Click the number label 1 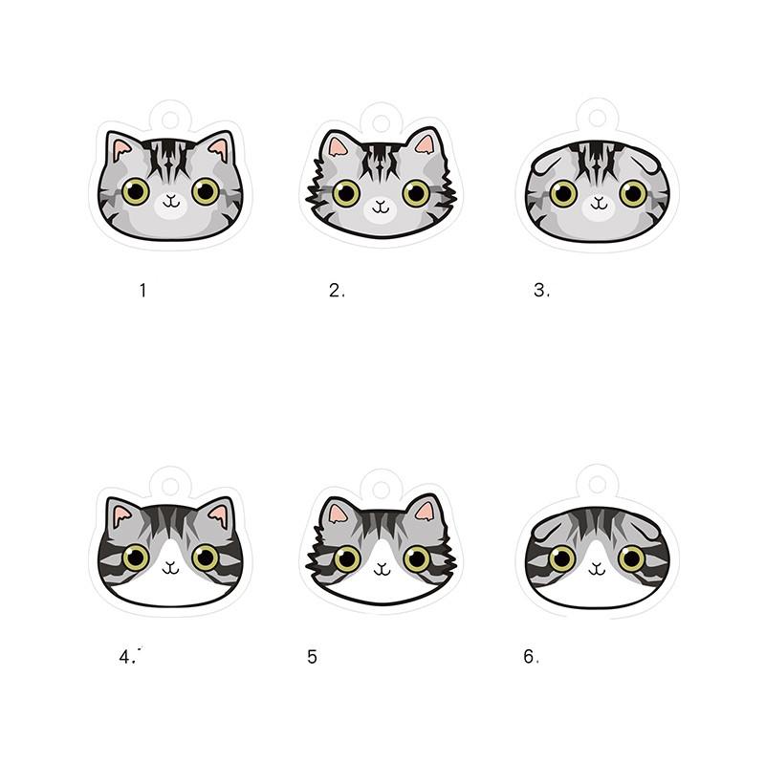142,290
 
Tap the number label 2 336,291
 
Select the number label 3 542,291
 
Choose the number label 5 313,657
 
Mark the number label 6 532,657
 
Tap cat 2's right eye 415,192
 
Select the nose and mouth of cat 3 599,203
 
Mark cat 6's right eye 632,558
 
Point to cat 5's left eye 345,558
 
